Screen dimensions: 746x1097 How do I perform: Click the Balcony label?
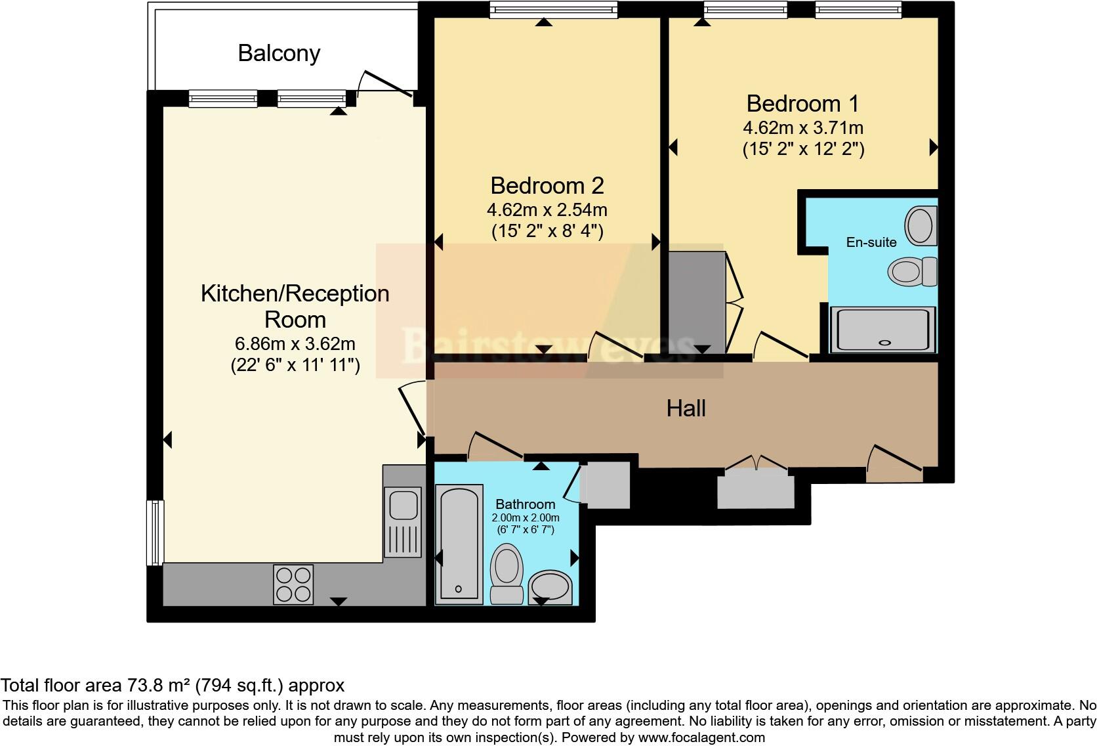click(279, 53)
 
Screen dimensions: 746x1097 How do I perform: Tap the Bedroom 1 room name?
click(802, 104)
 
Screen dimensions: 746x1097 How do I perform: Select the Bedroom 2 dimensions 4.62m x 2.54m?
click(547, 210)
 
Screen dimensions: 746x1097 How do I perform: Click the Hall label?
click(686, 408)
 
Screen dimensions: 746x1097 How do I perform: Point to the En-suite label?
click(871, 242)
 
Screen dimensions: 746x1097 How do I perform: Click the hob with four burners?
click(293, 584)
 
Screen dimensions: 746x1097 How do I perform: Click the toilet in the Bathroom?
click(507, 573)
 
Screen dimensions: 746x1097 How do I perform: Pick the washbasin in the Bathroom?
click(550, 586)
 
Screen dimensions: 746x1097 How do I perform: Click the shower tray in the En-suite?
click(883, 329)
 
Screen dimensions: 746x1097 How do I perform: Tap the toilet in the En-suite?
click(913, 271)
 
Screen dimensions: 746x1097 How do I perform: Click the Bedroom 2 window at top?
click(553, 9)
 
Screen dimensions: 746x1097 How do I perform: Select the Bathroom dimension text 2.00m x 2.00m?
click(525, 517)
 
